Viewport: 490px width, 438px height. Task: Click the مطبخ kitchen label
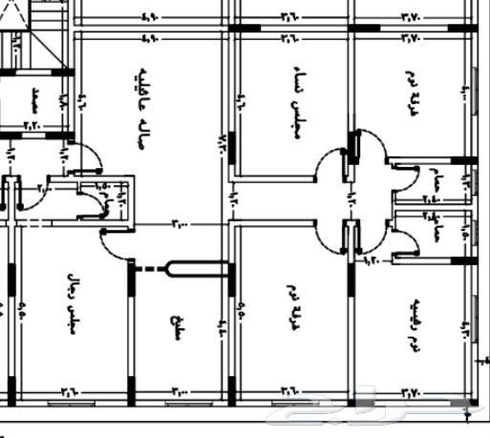pyautogui.click(x=176, y=324)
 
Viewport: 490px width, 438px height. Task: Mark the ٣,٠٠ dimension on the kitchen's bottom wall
pyautogui.click(x=181, y=391)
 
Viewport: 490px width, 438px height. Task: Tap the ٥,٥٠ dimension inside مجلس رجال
pyautogui.click(x=22, y=310)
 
